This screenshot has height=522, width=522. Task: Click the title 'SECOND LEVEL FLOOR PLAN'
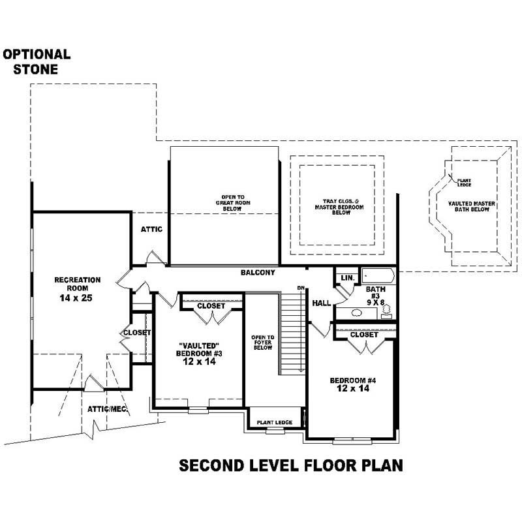[290, 465]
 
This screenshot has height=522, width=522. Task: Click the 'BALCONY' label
[258, 273]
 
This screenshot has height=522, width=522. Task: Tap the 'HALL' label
[321, 303]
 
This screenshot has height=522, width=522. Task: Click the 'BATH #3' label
[375, 292]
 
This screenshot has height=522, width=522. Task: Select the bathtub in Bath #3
[378, 275]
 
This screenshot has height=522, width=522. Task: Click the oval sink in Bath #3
[358, 313]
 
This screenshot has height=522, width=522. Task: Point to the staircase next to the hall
[292, 333]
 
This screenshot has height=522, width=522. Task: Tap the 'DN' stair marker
[301, 288]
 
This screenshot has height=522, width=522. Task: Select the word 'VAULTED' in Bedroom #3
[198, 345]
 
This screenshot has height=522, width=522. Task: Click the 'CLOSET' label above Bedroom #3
[211, 306]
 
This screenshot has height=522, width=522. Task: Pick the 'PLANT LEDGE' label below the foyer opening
[275, 422]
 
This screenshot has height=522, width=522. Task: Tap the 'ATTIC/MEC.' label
[107, 409]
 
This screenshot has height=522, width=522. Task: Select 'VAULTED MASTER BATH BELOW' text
[471, 207]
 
